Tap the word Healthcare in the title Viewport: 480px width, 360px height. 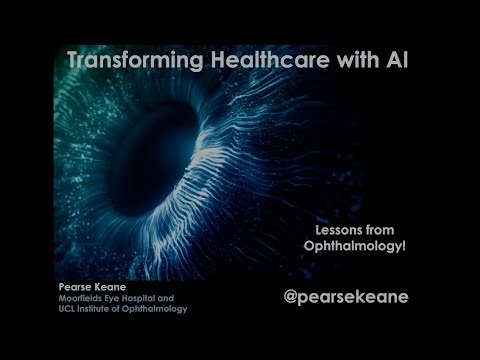[259, 60]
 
